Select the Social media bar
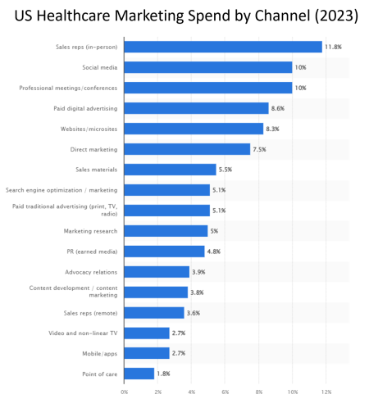[208, 67]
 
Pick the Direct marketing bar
[187, 149]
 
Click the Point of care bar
[139, 374]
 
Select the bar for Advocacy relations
[157, 271]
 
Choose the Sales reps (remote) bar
[154, 312]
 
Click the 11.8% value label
[333, 47]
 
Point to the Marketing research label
[90, 231]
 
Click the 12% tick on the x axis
[326, 392]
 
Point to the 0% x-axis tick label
[125, 392]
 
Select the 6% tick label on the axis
[225, 392]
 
